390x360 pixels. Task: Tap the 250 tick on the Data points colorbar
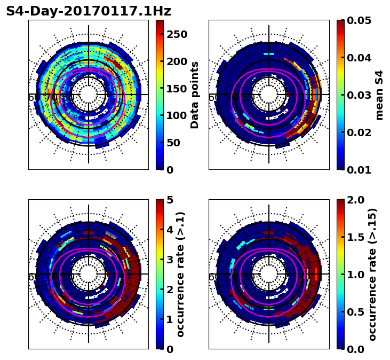[x=177, y=34]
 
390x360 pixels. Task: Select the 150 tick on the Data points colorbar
[x=177, y=89]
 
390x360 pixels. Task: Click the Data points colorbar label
[x=195, y=95]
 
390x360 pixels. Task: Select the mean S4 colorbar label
[x=379, y=95]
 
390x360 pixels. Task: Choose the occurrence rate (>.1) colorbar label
[x=180, y=274]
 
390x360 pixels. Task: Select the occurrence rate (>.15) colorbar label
[x=372, y=274]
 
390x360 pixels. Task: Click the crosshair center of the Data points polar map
[x=89, y=95]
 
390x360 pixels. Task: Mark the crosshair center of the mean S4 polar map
[x=269, y=95]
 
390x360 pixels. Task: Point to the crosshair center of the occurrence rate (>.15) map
[x=269, y=274]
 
